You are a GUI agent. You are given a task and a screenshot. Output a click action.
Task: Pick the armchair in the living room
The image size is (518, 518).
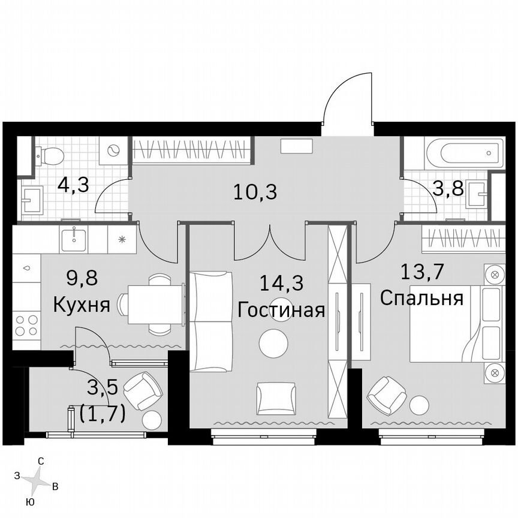(275, 397)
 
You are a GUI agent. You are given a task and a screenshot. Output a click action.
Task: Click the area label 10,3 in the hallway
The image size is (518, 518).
(256, 192)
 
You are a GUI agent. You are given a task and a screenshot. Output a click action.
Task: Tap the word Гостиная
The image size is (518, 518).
(281, 310)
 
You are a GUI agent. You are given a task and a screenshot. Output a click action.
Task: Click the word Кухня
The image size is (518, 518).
(82, 305)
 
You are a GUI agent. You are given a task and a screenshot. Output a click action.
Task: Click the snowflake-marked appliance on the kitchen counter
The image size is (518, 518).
(122, 239)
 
